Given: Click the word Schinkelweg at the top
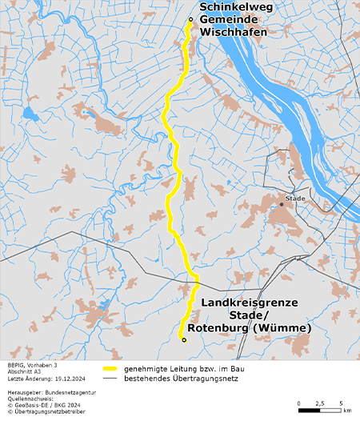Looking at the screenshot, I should point(232,6).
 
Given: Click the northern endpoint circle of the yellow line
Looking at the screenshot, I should point(190,19).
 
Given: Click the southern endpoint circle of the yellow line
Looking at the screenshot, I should point(183,340).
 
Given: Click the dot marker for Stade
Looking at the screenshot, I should point(282,204).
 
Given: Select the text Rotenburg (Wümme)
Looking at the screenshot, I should point(250,328).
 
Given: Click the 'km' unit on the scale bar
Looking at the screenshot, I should point(346,411).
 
